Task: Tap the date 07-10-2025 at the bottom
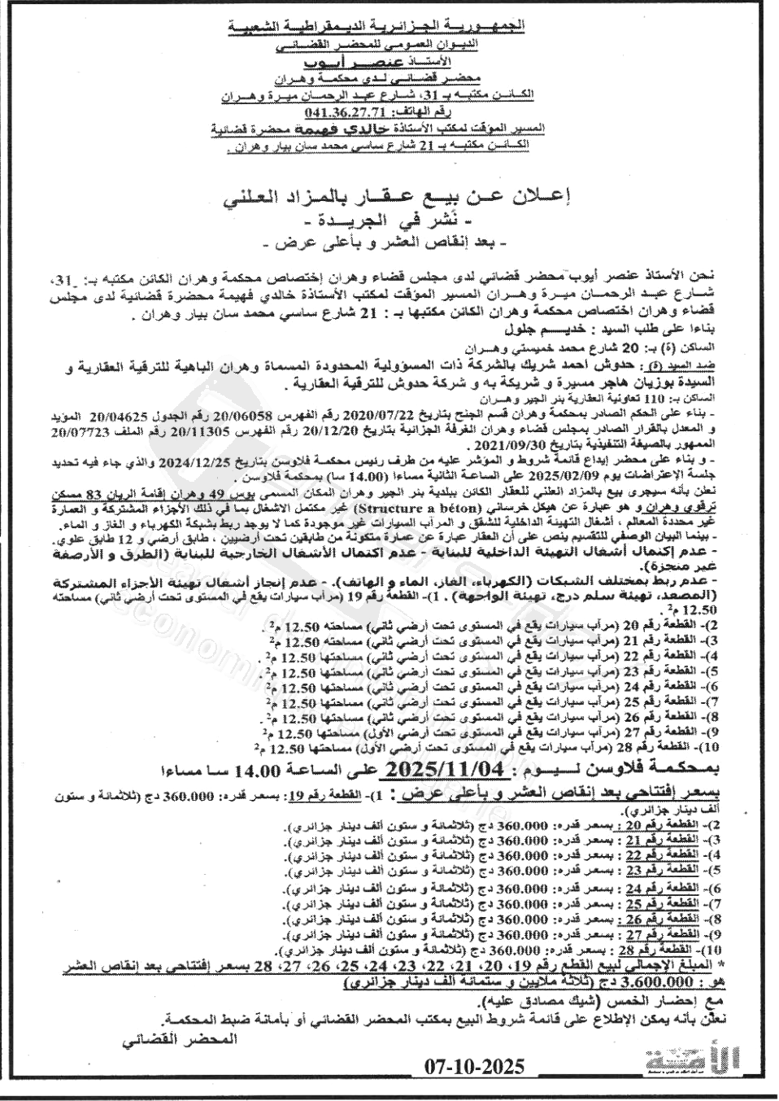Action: tap(475, 1066)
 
